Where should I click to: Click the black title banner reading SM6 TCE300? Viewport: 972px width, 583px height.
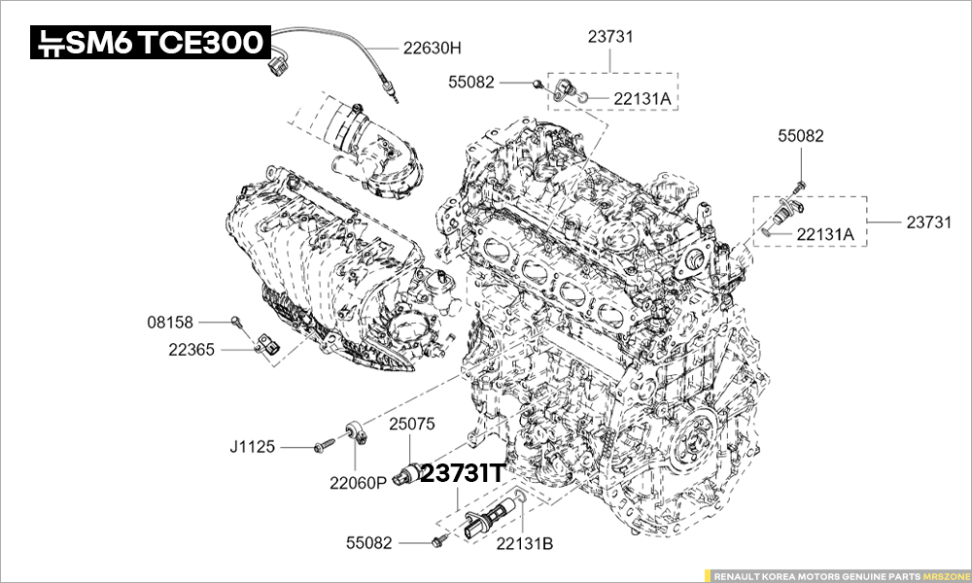pos(150,42)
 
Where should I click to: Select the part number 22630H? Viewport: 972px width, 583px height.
pos(433,48)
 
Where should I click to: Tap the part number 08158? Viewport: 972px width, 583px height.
pos(170,323)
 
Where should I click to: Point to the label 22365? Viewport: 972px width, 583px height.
pos(191,350)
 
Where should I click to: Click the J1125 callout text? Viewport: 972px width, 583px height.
pos(252,447)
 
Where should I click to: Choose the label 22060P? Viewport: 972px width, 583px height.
pos(358,483)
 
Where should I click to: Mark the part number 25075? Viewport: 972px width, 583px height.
pos(412,425)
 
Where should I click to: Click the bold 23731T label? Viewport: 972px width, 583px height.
pos(463,474)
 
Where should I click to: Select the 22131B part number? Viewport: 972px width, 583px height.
pos(525,544)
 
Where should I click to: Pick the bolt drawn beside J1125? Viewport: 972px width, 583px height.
pos(325,445)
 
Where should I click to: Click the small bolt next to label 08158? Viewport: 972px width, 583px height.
pos(237,322)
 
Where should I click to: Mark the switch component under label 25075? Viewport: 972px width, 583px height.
pos(409,472)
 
